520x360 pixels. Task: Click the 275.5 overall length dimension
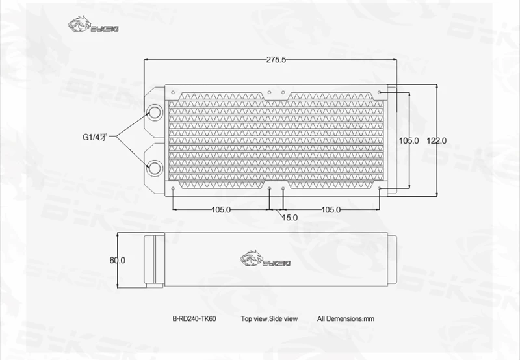pyautogui.click(x=276, y=60)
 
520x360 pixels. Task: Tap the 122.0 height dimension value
pyautogui.click(x=436, y=140)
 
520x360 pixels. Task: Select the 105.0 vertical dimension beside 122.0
pyautogui.click(x=409, y=140)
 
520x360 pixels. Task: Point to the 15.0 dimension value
pyautogui.click(x=290, y=218)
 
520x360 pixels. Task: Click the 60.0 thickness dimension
pyautogui.click(x=118, y=260)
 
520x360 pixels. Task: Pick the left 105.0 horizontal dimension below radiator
pyautogui.click(x=221, y=209)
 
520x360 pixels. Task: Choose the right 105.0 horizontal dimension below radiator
pyautogui.click(x=331, y=209)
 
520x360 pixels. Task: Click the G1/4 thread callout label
pyautogui.click(x=95, y=137)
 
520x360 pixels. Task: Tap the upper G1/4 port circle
pyautogui.click(x=155, y=112)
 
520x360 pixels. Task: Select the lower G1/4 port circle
pyautogui.click(x=155, y=168)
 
